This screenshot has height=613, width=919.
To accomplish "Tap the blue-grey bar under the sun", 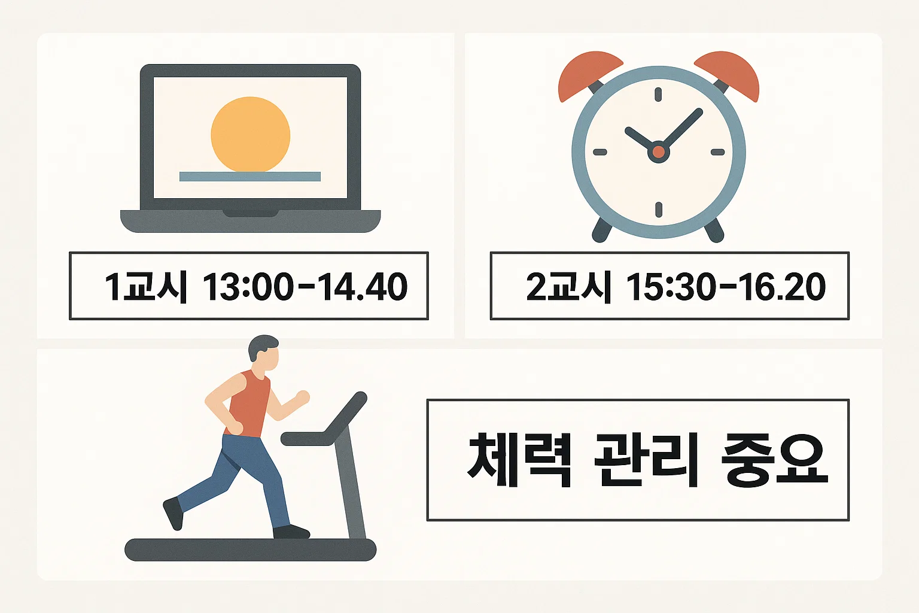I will [250, 177].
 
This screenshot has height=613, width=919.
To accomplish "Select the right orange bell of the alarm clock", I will [729, 75].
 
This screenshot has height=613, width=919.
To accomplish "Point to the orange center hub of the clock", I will [658, 151].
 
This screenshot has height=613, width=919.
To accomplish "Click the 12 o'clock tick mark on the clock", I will [658, 95].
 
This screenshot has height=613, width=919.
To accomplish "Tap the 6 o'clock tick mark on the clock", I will [659, 210].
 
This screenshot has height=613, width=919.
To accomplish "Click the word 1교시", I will [146, 286].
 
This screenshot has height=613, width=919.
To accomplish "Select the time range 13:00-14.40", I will [305, 286].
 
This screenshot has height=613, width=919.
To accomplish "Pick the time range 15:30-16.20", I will [726, 286].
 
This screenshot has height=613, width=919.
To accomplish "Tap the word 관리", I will [646, 459].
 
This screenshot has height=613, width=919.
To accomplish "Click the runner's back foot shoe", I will [173, 512].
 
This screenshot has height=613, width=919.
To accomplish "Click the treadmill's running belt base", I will [250, 550].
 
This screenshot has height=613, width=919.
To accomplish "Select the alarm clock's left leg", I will [601, 230].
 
